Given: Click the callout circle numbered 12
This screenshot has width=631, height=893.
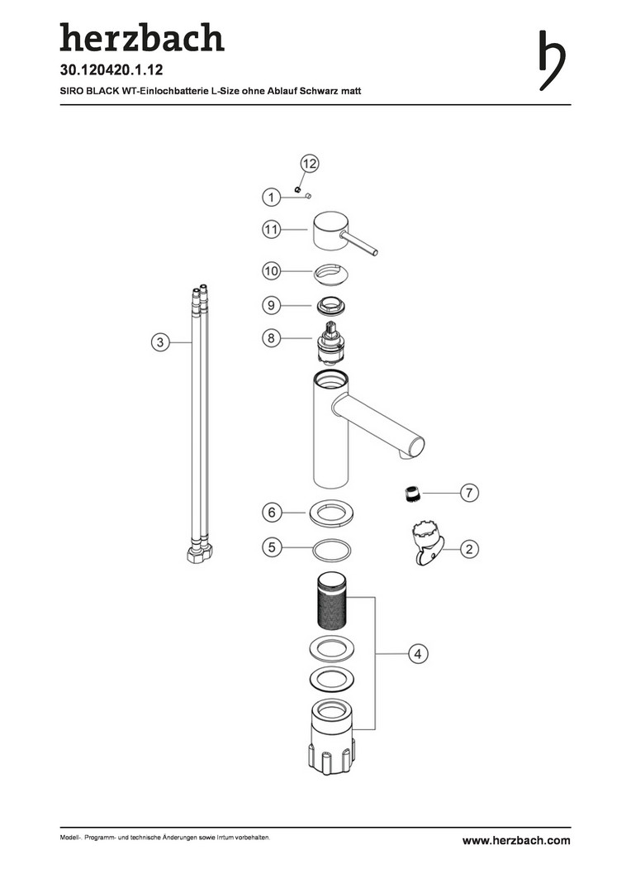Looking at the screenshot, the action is pos(309,164).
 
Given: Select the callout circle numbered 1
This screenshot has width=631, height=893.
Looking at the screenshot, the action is pos(272,198).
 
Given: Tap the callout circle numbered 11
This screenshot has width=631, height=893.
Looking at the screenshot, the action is pos(272,230).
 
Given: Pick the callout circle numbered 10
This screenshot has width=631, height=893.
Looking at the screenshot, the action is pos(272,270).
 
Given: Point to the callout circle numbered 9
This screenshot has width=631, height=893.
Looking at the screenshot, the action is pos(272,305).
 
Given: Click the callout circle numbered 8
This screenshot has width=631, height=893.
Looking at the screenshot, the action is pos(272,338).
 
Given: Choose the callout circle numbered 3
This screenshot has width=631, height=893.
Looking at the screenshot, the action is pos(160,342).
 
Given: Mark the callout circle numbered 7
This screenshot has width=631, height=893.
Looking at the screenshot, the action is pos(469,493).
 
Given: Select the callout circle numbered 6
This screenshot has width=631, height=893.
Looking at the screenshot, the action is pos(272,513).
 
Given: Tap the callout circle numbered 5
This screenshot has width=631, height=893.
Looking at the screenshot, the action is pos(272,548).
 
